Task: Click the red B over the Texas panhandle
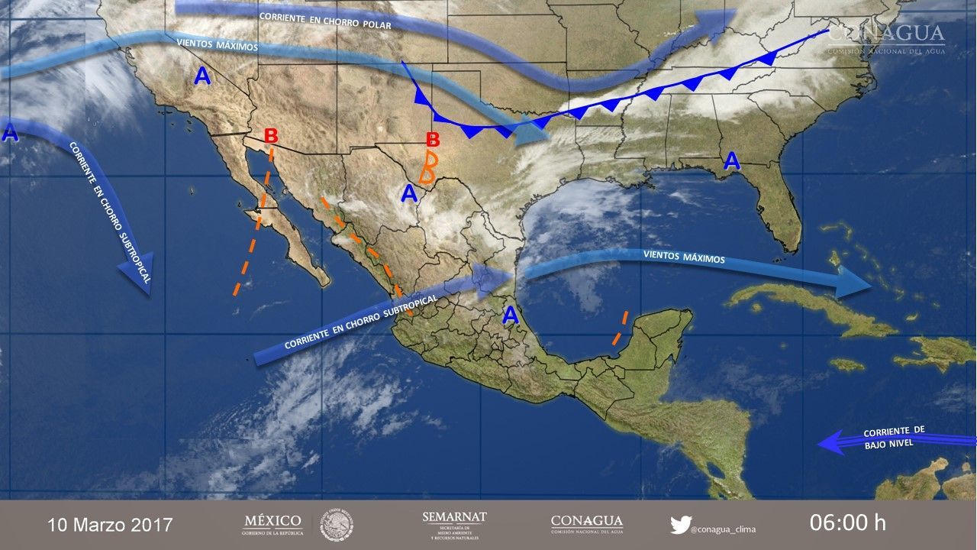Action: (x=433, y=139)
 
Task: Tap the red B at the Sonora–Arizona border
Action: (x=271, y=136)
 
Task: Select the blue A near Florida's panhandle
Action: (x=732, y=160)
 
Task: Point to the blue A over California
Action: (x=202, y=76)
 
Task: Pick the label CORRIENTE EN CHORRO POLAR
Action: (x=325, y=21)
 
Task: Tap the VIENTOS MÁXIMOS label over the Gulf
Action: (x=684, y=258)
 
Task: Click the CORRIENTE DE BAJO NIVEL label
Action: (x=895, y=437)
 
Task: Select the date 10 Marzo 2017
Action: (x=110, y=525)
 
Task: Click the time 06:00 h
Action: (x=848, y=523)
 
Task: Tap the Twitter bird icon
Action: (x=680, y=525)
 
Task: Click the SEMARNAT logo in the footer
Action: (x=454, y=524)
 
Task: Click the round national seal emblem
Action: (x=336, y=525)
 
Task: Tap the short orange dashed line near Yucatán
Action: (x=620, y=328)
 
